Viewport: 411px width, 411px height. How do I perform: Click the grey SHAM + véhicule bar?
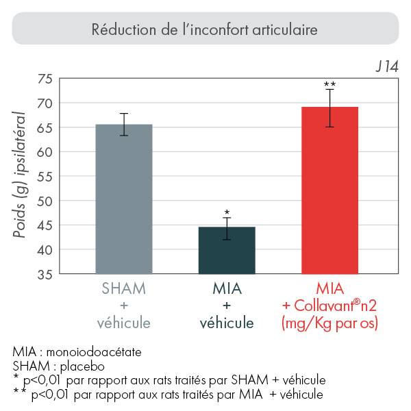pyautogui.click(x=123, y=199)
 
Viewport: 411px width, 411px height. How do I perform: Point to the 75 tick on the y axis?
pyautogui.click(x=45, y=79)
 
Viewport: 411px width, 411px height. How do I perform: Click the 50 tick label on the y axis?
pyautogui.click(x=45, y=201)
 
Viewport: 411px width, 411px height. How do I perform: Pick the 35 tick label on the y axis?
pyautogui.click(x=45, y=275)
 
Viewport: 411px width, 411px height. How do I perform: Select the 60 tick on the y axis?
pyautogui.click(x=45, y=152)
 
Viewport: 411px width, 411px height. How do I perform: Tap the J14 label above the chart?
pyautogui.click(x=386, y=68)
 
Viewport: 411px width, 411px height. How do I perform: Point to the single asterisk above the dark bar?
pyautogui.click(x=227, y=212)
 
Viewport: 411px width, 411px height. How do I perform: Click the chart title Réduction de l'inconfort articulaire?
pyautogui.click(x=205, y=30)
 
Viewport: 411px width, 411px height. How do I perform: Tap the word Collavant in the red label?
pyautogui.click(x=323, y=305)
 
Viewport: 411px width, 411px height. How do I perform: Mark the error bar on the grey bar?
pyautogui.click(x=123, y=124)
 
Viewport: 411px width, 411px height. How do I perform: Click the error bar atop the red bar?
pyautogui.click(x=329, y=108)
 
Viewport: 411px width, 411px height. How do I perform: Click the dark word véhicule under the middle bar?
pyautogui.click(x=227, y=323)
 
